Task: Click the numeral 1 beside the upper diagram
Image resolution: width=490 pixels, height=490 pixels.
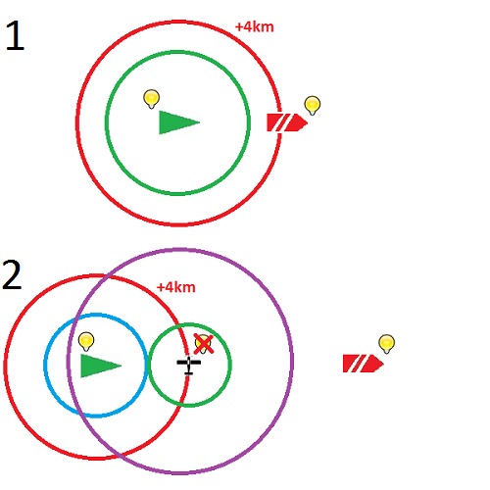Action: click(x=16, y=35)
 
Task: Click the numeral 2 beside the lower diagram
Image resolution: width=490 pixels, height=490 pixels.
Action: click(x=12, y=274)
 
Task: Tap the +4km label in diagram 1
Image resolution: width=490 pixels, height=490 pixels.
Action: click(x=255, y=27)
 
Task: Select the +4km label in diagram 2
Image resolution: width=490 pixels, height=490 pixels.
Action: click(x=176, y=287)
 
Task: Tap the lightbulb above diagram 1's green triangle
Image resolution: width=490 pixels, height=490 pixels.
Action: click(x=152, y=99)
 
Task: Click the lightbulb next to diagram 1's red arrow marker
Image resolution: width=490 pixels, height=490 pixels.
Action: click(x=313, y=106)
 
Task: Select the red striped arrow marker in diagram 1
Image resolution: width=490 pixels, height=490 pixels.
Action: click(x=287, y=122)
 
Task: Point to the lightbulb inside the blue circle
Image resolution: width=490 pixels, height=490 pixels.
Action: click(x=86, y=342)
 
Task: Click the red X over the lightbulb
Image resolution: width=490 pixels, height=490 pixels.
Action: click(x=204, y=344)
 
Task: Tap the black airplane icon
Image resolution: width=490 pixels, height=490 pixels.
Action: click(x=189, y=366)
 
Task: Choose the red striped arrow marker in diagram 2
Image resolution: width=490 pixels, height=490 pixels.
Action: click(x=364, y=364)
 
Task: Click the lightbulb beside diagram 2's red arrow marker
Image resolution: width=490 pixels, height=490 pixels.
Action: click(x=387, y=344)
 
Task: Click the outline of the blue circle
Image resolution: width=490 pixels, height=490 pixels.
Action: click(x=44, y=366)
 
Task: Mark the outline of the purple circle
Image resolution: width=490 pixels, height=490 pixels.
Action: click(x=293, y=361)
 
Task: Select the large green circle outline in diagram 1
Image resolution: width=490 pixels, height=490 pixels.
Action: click(x=249, y=122)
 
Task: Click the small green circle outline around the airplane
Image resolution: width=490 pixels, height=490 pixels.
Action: click(x=230, y=365)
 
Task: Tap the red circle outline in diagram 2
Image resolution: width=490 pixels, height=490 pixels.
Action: click(x=4, y=367)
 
